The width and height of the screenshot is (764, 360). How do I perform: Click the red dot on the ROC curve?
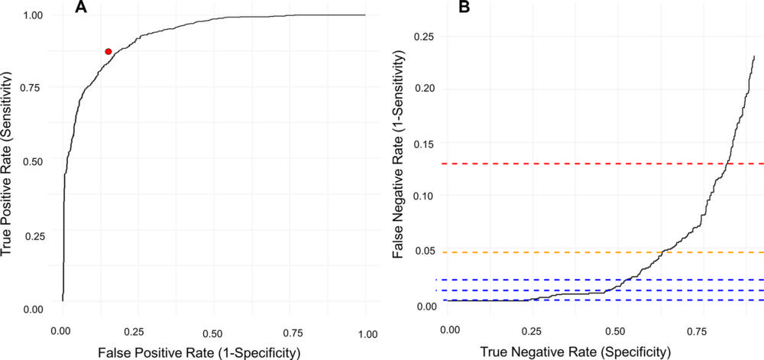pyautogui.click(x=108, y=51)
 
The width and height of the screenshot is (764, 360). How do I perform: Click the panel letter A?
pyautogui.click(x=80, y=8)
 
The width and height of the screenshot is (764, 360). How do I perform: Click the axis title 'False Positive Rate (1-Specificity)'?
pyautogui.click(x=213, y=352)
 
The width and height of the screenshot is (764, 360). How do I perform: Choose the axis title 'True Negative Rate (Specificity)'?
pyautogui.click(x=578, y=352)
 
